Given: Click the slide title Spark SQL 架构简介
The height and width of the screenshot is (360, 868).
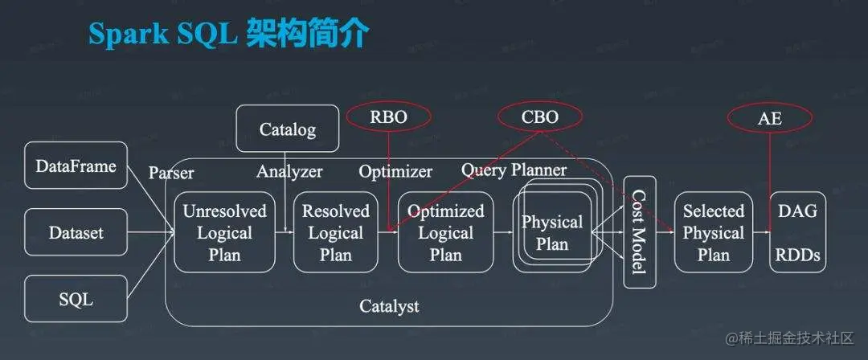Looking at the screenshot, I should pos(229,34).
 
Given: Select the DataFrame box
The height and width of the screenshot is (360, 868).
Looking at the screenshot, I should pos(76,167).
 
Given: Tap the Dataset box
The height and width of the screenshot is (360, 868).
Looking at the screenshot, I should pos(76,233).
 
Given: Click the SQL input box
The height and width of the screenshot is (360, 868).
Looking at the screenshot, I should pos(76,300).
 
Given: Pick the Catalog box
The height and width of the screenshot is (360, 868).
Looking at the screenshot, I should pos(287,129).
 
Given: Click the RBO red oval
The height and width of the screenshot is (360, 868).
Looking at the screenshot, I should pos(388,117).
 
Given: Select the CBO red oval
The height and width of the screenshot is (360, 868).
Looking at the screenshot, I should pos(538,117).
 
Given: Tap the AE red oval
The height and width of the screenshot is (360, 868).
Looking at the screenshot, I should pos(769,118).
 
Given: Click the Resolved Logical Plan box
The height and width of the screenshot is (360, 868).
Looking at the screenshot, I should pos(335,232).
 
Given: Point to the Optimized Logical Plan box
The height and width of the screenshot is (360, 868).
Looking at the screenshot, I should pos(445,232).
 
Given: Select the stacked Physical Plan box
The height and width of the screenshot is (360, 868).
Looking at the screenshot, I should pos(552,232).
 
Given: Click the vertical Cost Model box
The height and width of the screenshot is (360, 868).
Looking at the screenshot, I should pos(640,232).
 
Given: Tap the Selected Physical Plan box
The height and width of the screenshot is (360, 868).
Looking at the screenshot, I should pos(713,232).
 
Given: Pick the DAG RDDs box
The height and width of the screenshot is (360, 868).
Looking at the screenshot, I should pos(797,232).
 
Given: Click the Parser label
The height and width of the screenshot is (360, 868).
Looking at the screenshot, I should pos(171,172).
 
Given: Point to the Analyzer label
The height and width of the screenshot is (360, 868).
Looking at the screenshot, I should pos(289,171).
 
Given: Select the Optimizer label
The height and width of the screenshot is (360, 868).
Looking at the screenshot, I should pos(395,171).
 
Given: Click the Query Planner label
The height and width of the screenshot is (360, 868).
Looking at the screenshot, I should pos(514,170).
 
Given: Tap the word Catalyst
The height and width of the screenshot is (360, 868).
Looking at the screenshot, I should pos(389,305).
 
